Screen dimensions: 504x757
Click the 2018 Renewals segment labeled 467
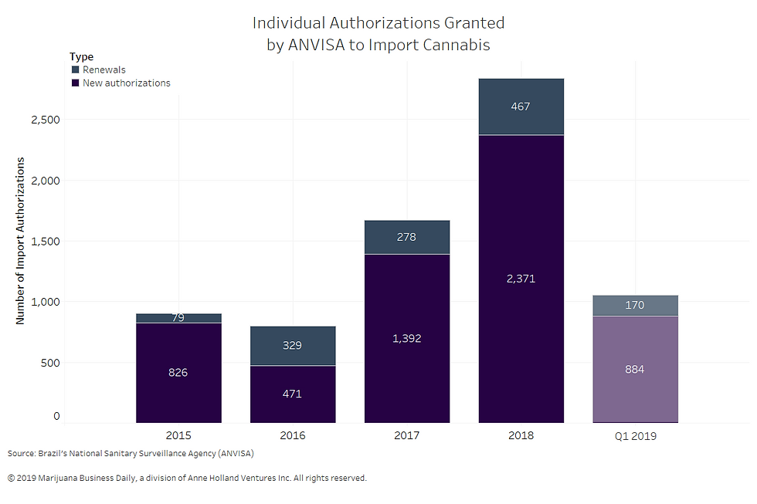pyautogui.click(x=521, y=107)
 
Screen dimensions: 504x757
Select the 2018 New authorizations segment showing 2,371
pyautogui.click(x=521, y=279)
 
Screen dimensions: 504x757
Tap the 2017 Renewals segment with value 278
pyautogui.click(x=406, y=237)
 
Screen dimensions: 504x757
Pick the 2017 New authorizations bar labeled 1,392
pyautogui.click(x=406, y=338)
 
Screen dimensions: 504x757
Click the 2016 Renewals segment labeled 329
pyautogui.click(x=292, y=346)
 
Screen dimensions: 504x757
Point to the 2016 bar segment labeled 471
pyautogui.click(x=292, y=394)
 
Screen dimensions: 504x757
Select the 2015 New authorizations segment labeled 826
pyautogui.click(x=178, y=373)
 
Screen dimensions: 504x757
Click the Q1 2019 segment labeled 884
pyautogui.click(x=635, y=369)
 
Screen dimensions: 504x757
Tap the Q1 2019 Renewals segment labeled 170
pyautogui.click(x=635, y=306)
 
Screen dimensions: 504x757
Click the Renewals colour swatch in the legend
pyautogui.click(x=75, y=70)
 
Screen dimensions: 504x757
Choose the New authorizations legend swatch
pyautogui.click(x=75, y=83)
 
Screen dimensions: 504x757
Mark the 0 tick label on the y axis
pyautogui.click(x=56, y=417)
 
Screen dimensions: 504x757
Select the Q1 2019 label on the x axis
pyautogui.click(x=635, y=436)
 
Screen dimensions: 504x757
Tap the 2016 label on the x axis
pyautogui.click(x=292, y=436)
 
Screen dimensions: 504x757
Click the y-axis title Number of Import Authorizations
pyautogui.click(x=21, y=241)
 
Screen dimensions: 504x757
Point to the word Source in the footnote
pyautogui.click(x=21, y=453)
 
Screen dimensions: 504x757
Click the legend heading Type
pyautogui.click(x=81, y=56)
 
